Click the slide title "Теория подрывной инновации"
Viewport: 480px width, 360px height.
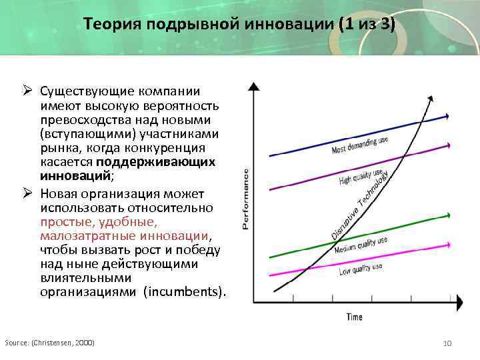[x=239, y=25]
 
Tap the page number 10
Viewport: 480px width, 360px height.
[x=447, y=343]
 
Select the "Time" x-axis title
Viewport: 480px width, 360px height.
[x=354, y=316]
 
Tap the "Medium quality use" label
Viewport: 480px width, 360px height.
[x=360, y=245]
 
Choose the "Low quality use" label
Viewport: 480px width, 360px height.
[x=361, y=268]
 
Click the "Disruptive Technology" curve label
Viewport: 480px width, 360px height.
[x=360, y=205]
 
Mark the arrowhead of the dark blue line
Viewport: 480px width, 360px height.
[x=447, y=115]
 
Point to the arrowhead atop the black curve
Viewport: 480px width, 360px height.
[x=430, y=99]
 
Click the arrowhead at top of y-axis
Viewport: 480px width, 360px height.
[x=254, y=86]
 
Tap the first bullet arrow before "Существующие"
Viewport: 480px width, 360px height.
[x=29, y=91]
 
